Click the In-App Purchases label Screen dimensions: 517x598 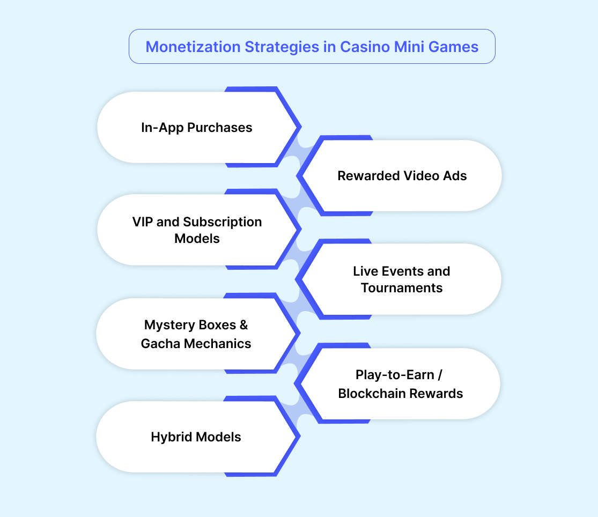tap(196, 128)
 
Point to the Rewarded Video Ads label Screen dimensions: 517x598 tap(402, 176)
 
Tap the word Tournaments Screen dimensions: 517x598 tap(402, 288)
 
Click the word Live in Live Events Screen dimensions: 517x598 tap(366, 271)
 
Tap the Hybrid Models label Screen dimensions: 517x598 tap(196, 437)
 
